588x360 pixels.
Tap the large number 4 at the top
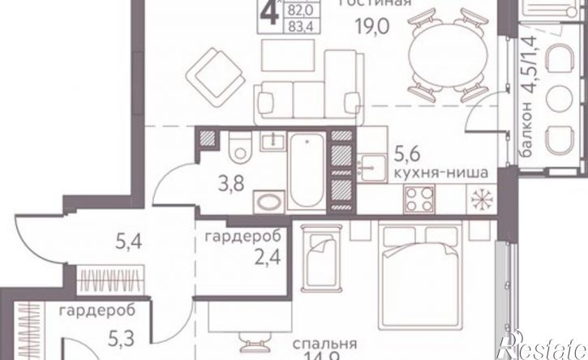click(x=265, y=17)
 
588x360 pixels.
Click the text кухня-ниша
click(x=429, y=172)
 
